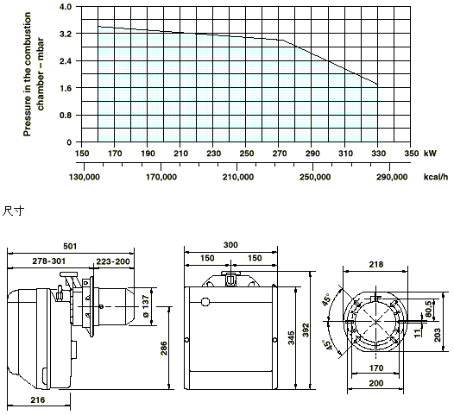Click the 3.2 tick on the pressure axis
65,34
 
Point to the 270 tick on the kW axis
280,154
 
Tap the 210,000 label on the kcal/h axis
237,177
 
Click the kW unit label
430,154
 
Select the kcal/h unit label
436,177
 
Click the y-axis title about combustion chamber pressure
34,74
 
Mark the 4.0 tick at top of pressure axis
65,7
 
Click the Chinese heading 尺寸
13,211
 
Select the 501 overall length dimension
70,246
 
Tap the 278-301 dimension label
49,261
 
